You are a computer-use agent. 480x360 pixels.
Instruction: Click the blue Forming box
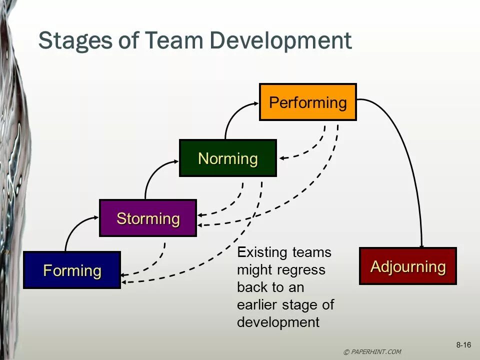[72, 270]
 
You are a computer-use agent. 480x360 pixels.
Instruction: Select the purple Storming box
[148, 218]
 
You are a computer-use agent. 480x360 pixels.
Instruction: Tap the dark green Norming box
[227, 158]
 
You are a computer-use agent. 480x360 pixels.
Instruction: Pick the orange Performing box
[307, 102]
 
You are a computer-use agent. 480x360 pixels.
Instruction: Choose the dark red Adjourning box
[407, 266]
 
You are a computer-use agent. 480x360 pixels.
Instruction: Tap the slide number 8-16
[463, 345]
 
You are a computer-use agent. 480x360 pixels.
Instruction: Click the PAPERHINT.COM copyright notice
[372, 351]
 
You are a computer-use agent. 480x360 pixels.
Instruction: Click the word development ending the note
[278, 322]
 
